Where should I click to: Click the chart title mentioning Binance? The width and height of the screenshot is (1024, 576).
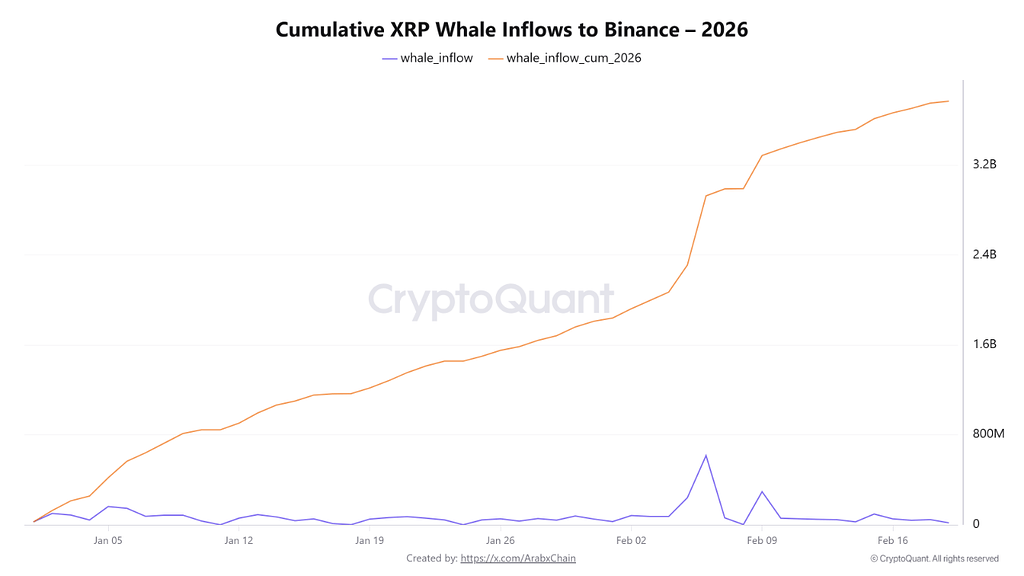coord(511,30)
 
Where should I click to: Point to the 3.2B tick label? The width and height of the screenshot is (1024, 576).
coord(985,164)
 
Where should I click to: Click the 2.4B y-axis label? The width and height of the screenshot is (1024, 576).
coord(985,255)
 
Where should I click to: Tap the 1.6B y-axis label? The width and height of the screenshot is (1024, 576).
coord(985,344)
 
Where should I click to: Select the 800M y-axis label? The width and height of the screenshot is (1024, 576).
coord(988,434)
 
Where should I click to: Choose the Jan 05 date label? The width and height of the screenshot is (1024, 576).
coord(108,541)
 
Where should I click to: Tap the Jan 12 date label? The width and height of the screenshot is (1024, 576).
coord(239,541)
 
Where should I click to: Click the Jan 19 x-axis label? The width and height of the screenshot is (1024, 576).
coord(370,541)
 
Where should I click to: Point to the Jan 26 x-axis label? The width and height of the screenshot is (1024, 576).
coord(500,541)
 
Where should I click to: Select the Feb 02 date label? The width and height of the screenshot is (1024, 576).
coord(631,541)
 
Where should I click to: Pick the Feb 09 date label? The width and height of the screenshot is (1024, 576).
coord(762,541)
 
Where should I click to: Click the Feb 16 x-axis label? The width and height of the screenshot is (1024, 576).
coord(893,541)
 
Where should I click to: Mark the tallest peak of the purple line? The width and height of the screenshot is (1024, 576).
coord(706,456)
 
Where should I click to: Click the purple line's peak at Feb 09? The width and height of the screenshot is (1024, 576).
coord(762,492)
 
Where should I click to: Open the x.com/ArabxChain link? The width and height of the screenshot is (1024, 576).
coord(518,558)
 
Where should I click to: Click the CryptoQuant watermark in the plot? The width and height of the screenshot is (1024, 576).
coord(491,299)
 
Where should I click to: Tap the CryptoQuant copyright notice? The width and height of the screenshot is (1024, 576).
coord(934,559)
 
